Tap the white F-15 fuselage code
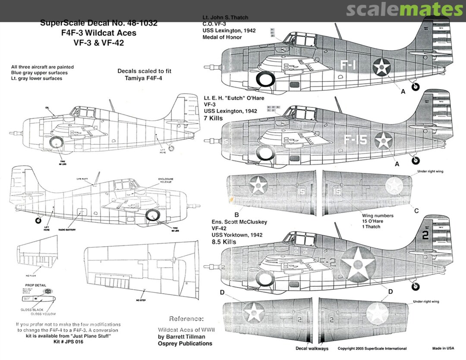point(355,140)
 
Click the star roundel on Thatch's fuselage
point(382,67)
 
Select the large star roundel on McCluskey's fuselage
point(358,264)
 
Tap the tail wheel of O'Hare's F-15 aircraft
point(415,160)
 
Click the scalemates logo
point(404,9)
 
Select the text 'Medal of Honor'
point(222,37)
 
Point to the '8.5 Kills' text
point(224,242)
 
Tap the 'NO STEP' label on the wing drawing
point(138,299)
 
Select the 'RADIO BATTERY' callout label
point(67,230)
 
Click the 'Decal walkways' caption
point(312,348)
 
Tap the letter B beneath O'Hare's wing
point(236,214)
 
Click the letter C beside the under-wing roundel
point(416,211)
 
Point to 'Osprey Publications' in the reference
point(185,344)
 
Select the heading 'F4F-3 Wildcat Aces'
point(98,33)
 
